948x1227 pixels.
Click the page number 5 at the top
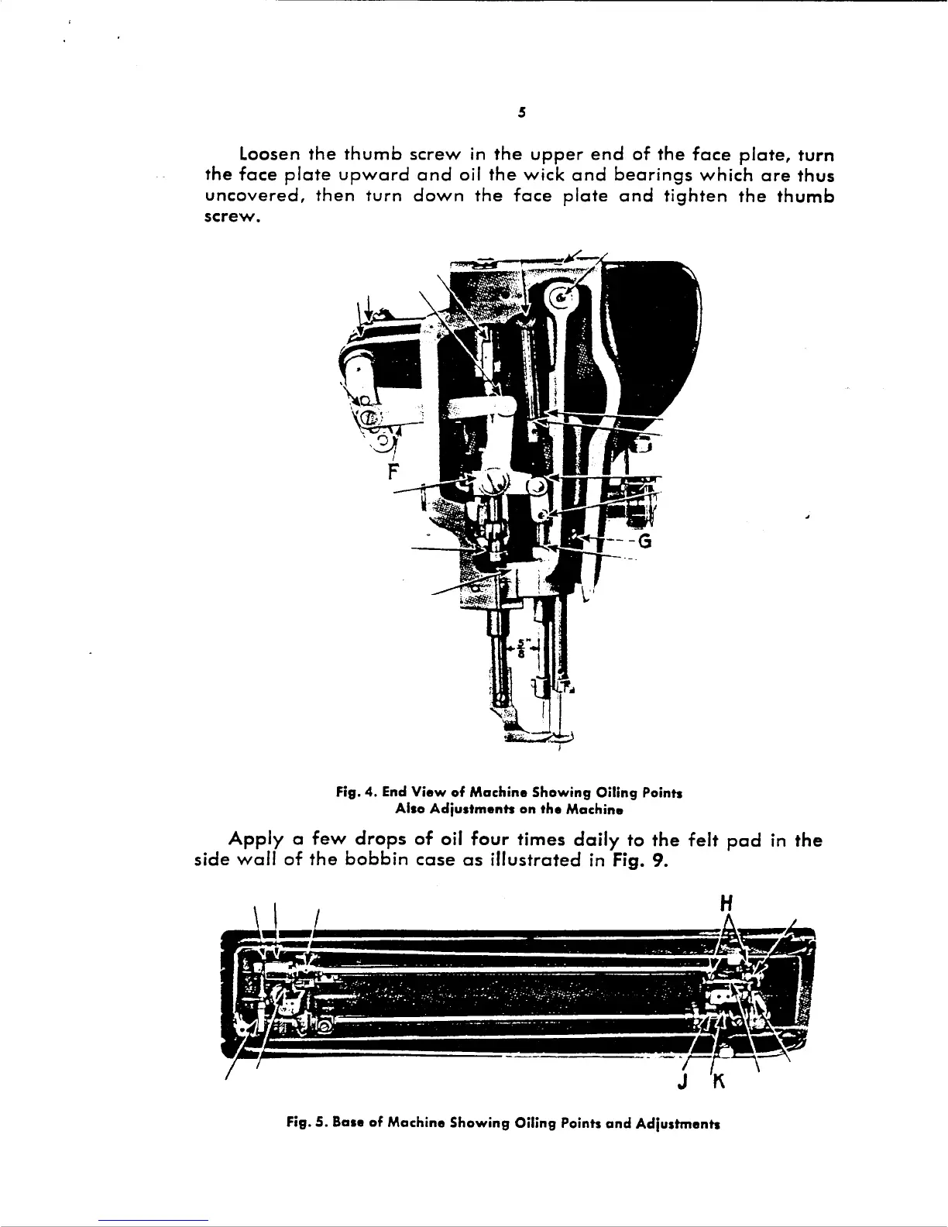point(522,112)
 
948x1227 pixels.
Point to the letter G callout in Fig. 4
point(645,541)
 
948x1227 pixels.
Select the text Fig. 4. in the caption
point(353,793)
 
